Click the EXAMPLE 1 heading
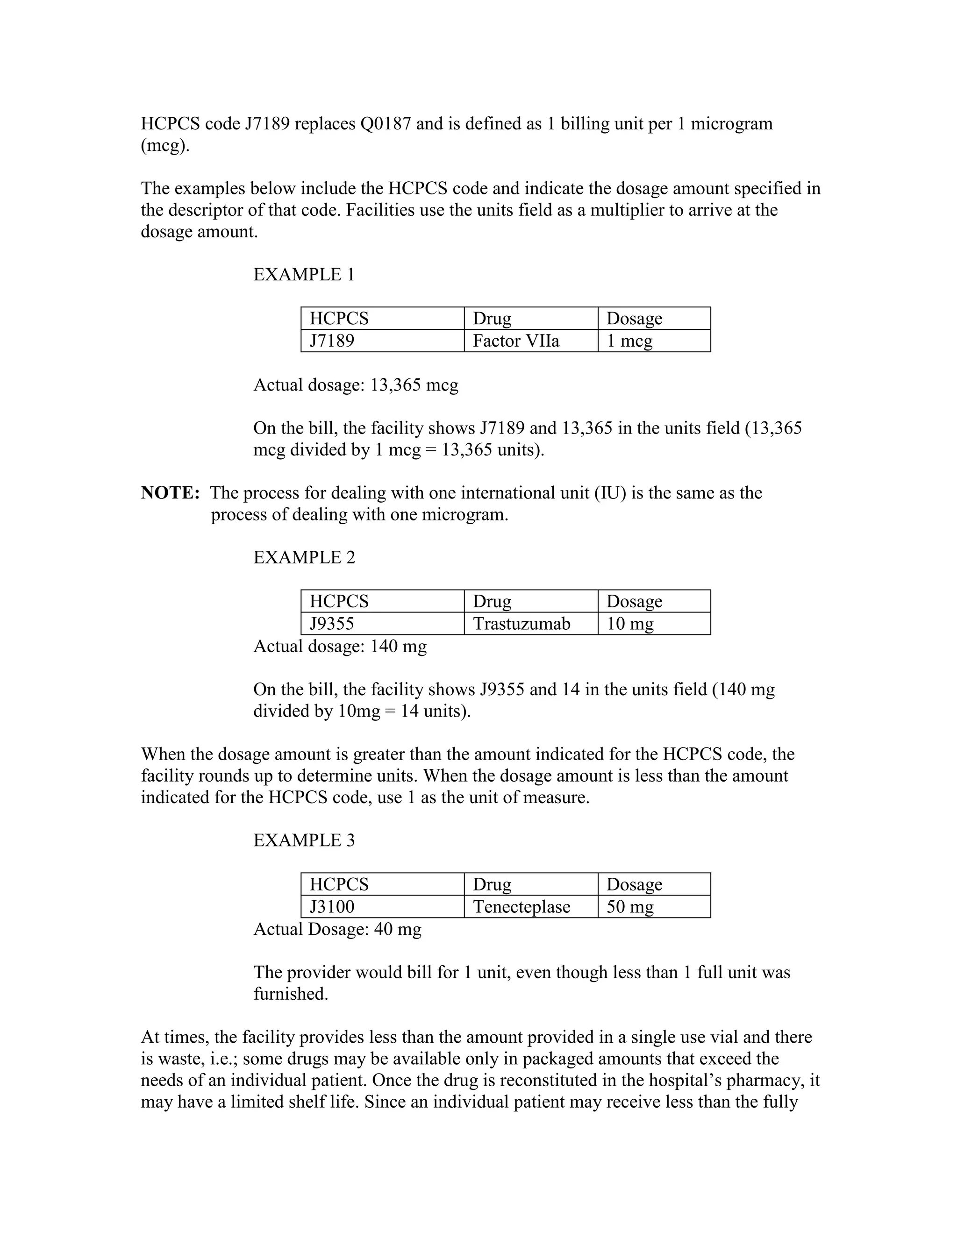304,275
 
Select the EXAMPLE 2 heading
304,558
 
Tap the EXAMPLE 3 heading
304,840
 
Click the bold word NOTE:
170,493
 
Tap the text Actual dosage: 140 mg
340,646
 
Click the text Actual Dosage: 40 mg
337,929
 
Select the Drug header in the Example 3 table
492,884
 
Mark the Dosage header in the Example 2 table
634,601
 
